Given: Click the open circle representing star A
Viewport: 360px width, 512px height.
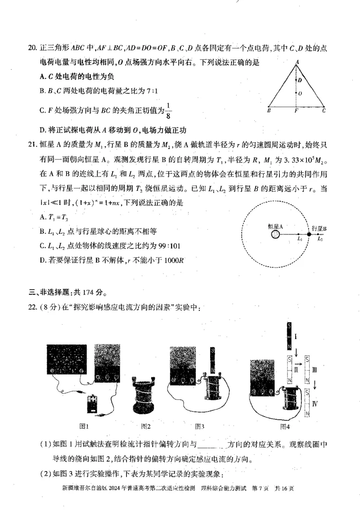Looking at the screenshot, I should pyautogui.click(x=275, y=234).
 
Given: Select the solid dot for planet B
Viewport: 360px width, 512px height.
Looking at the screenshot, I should pyautogui.click(x=309, y=234).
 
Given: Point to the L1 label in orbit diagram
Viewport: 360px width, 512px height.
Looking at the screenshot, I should pyautogui.click(x=299, y=240).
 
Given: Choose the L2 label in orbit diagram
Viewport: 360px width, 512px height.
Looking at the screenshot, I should pyautogui.click(x=320, y=240).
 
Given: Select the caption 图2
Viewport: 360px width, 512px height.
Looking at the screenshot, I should pyautogui.click(x=145, y=426).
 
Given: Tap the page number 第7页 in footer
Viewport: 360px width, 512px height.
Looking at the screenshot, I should pyautogui.click(x=263, y=489).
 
